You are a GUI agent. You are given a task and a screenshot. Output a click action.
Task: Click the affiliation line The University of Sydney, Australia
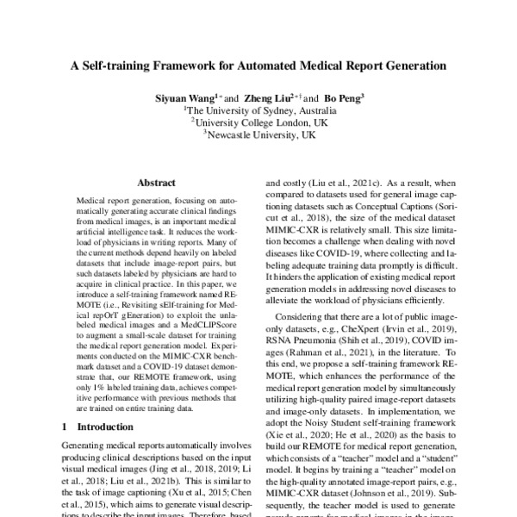point(258,111)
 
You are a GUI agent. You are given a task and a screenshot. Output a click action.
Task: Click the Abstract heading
point(156,183)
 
